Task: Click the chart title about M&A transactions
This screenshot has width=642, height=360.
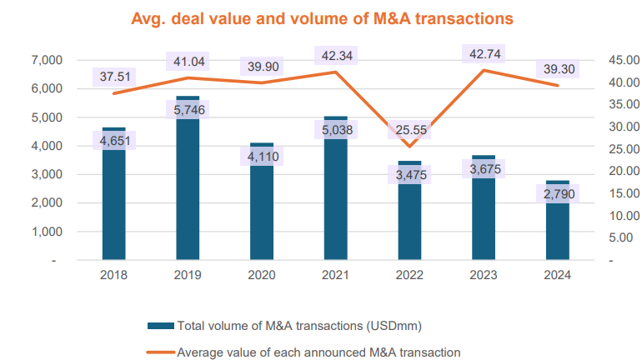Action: coord(321,16)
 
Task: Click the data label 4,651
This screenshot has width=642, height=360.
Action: coord(113,140)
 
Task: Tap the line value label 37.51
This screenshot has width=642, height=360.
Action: coord(115,77)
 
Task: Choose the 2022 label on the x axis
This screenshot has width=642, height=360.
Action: coord(409,276)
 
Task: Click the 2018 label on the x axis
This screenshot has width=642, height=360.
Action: coord(113,276)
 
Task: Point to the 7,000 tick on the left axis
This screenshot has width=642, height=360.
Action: coord(40,60)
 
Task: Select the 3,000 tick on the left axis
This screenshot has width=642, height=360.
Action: coord(40,174)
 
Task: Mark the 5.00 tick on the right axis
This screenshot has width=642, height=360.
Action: coord(617,237)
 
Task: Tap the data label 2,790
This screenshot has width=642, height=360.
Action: coord(558,194)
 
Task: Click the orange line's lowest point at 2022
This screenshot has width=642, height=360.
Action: coord(409,146)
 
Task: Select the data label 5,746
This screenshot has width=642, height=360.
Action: coord(188,109)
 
